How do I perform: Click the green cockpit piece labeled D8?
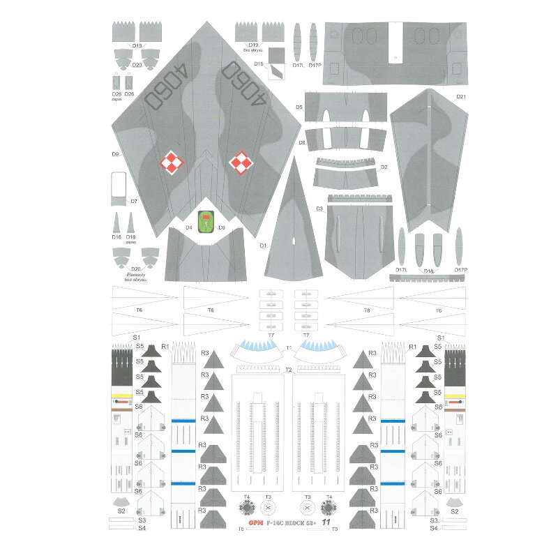click(204, 221)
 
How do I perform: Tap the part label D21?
click(461, 96)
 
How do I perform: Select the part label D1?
click(264, 246)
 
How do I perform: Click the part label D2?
click(384, 167)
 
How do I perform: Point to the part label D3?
click(319, 209)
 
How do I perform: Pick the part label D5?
click(299, 107)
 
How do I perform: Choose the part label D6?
click(302, 142)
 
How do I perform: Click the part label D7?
click(133, 202)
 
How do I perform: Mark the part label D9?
click(115, 154)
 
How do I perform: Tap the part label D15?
click(259, 63)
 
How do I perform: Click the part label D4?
click(188, 227)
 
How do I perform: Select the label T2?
click(288, 369)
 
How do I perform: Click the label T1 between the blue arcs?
click(289, 347)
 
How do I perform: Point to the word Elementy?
click(136, 275)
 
